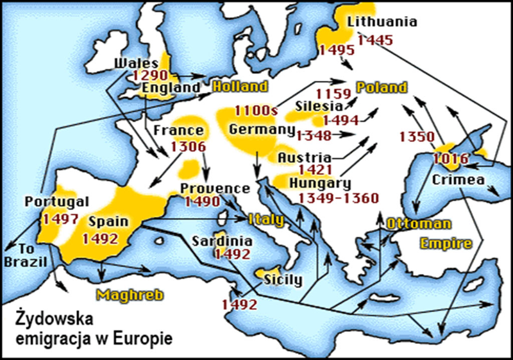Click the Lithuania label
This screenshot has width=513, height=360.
pos(382,22)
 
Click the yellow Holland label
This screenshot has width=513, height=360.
pos(240,87)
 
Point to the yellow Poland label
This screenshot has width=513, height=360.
pos(382,87)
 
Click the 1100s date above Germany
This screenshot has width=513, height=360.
pos(256,111)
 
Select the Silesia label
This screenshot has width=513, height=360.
pos(319,105)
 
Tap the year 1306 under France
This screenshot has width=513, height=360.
pos(188,146)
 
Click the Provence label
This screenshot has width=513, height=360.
pos(214,189)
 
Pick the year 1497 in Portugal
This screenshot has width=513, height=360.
pos(60,218)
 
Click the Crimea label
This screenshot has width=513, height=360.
pos(457,180)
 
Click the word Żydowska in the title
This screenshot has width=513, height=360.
pos(56,319)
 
